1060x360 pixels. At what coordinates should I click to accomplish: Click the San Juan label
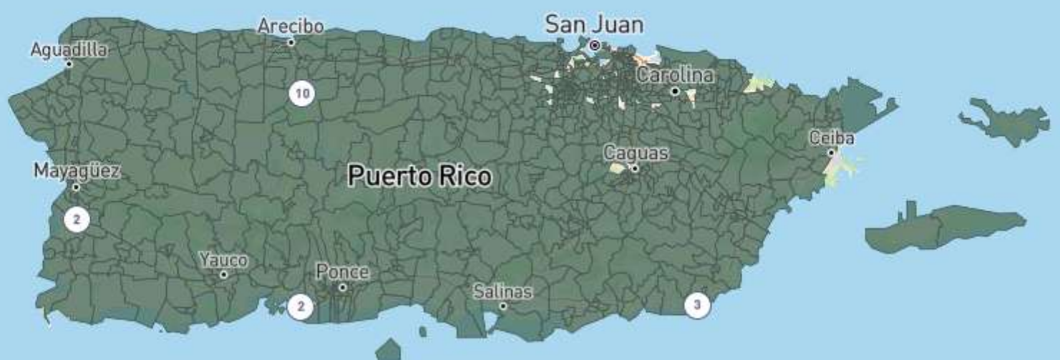pyautogui.click(x=593, y=24)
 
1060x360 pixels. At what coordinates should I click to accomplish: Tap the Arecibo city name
pyautogui.click(x=291, y=26)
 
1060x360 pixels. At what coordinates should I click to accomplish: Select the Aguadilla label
pyautogui.click(x=69, y=49)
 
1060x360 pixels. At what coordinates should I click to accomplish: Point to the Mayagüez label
pyautogui.click(x=77, y=172)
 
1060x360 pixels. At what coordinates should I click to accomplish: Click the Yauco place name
pyautogui.click(x=223, y=260)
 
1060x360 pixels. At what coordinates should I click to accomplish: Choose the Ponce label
pyautogui.click(x=343, y=273)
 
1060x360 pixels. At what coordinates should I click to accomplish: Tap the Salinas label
pyautogui.click(x=502, y=292)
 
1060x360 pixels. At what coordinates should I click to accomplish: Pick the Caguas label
pyautogui.click(x=636, y=153)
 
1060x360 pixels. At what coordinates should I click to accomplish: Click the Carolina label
pyautogui.click(x=675, y=75)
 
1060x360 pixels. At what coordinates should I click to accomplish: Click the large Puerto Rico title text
pyautogui.click(x=419, y=176)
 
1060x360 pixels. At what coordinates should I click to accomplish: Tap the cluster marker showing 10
pyautogui.click(x=301, y=93)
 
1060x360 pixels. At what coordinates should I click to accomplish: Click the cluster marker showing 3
pyautogui.click(x=697, y=306)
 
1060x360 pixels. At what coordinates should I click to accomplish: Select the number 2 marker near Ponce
pyautogui.click(x=301, y=306)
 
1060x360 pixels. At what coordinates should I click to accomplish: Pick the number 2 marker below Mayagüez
pyautogui.click(x=76, y=219)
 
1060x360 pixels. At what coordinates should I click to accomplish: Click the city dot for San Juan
pyautogui.click(x=594, y=45)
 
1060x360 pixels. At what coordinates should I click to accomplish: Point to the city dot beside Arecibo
pyautogui.click(x=291, y=42)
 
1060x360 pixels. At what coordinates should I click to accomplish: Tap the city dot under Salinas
pyautogui.click(x=503, y=306)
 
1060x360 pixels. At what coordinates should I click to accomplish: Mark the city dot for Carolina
pyautogui.click(x=675, y=91)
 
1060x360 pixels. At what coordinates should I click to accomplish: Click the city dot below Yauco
pyautogui.click(x=223, y=274)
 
